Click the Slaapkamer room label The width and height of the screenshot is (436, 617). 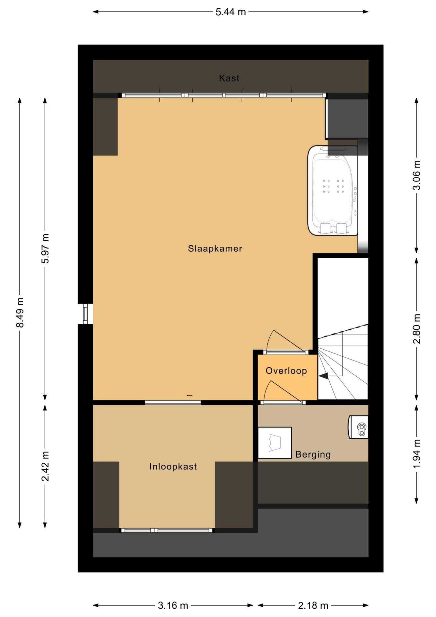tap(215, 249)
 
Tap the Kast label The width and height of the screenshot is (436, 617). tap(229, 78)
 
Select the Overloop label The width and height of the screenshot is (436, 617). tap(286, 371)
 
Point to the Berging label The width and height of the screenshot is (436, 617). tap(313, 454)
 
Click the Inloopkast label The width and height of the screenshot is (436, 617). tap(173, 467)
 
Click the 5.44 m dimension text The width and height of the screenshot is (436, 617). tap(231, 12)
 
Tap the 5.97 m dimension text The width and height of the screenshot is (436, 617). tap(45, 248)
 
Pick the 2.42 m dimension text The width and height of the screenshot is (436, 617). tap(45, 466)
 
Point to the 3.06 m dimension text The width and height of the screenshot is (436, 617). tap(416, 175)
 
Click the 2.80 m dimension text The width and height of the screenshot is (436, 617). tap(416, 329)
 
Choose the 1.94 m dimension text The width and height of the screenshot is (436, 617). tap(416, 454)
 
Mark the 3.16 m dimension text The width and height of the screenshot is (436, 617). tap(173, 606)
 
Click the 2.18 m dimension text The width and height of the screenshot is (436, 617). tap(313, 606)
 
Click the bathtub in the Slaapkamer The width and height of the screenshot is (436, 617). tap(333, 191)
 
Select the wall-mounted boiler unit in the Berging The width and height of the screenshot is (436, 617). tap(358, 427)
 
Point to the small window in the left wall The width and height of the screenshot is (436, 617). tap(85, 314)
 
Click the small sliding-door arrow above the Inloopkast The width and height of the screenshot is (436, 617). tap(189, 395)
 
